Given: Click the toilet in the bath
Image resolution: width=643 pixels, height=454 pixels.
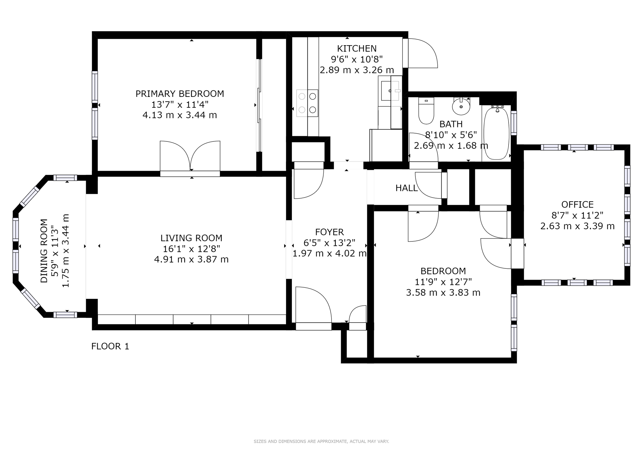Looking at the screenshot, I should [x=426, y=111].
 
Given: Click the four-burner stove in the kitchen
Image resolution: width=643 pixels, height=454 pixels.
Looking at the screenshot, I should [x=307, y=103].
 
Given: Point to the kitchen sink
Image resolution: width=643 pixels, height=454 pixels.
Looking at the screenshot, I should [x=390, y=91].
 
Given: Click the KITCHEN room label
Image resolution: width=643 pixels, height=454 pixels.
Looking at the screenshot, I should [x=357, y=49].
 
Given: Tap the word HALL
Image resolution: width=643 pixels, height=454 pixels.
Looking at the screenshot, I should [x=406, y=188].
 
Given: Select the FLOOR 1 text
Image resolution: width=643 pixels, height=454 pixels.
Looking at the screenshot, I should [x=110, y=346].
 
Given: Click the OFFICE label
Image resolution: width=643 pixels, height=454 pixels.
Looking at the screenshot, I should [x=577, y=205].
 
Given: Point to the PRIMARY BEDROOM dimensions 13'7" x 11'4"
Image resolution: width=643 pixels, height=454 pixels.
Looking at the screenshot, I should [x=180, y=104].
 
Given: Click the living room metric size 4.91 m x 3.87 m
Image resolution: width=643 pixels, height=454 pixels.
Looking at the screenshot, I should [x=191, y=260].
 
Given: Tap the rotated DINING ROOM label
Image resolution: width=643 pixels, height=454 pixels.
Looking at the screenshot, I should [x=44, y=251].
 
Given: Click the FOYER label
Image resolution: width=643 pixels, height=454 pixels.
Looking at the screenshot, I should [x=329, y=232].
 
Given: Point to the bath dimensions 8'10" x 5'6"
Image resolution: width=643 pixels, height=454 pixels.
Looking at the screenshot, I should [x=451, y=135].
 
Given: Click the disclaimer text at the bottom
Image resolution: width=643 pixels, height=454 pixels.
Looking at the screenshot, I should [x=321, y=441].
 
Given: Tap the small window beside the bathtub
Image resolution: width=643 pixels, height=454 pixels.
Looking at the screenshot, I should [x=514, y=123].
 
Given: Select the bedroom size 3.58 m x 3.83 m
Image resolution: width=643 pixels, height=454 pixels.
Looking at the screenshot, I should [x=443, y=293].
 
